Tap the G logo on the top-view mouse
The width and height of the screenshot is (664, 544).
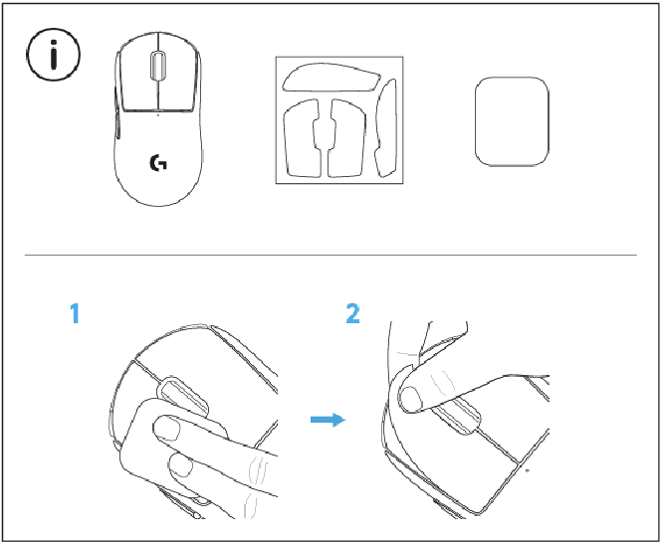(157, 163)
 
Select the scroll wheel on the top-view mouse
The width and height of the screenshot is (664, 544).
(157, 66)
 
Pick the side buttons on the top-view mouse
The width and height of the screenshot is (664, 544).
(116, 124)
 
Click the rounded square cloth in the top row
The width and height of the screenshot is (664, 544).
(512, 120)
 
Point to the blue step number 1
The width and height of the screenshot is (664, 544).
(74, 315)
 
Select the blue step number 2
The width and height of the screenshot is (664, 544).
(352, 315)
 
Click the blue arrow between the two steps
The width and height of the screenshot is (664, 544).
(325, 420)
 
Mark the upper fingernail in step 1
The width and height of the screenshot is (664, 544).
(166, 429)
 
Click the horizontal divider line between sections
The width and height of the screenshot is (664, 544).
(330, 255)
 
